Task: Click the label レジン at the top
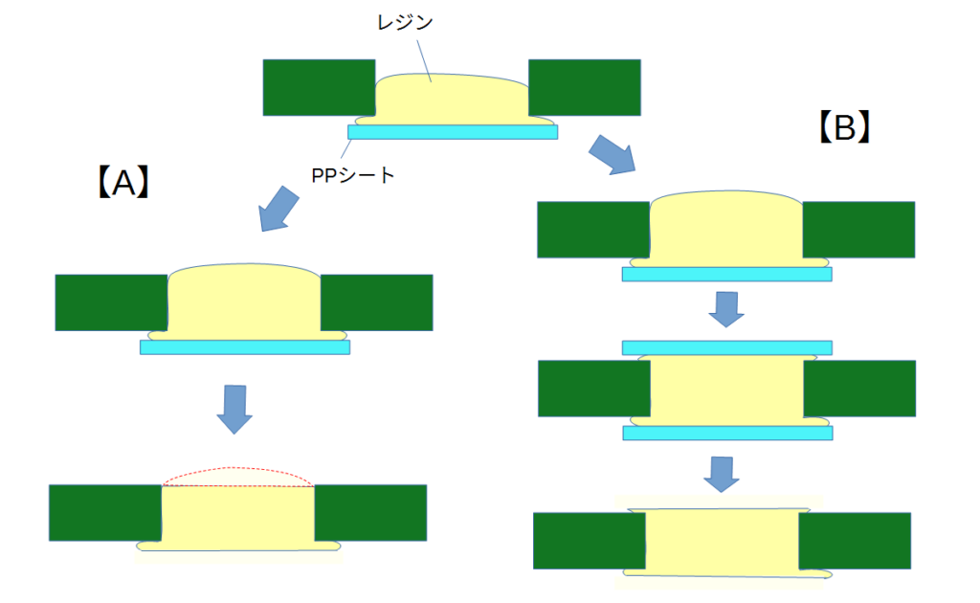tap(405, 22)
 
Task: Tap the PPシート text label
tap(352, 175)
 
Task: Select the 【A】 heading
tap(123, 183)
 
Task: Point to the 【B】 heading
tap(844, 127)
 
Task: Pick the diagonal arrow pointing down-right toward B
tap(612, 154)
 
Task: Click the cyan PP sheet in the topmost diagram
tap(453, 132)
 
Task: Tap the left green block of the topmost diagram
tap(319, 87)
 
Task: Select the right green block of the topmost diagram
tap(585, 87)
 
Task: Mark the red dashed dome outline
tap(237, 468)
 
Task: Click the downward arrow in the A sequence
tap(235, 410)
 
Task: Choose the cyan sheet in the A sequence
tap(245, 347)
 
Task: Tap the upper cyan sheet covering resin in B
tap(727, 347)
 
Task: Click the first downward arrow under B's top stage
tap(726, 309)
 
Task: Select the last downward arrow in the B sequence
tap(722, 475)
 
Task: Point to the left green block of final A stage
tap(105, 513)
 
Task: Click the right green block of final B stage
tap(855, 541)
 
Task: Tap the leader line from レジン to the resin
tap(424, 61)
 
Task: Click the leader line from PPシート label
tap(345, 148)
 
